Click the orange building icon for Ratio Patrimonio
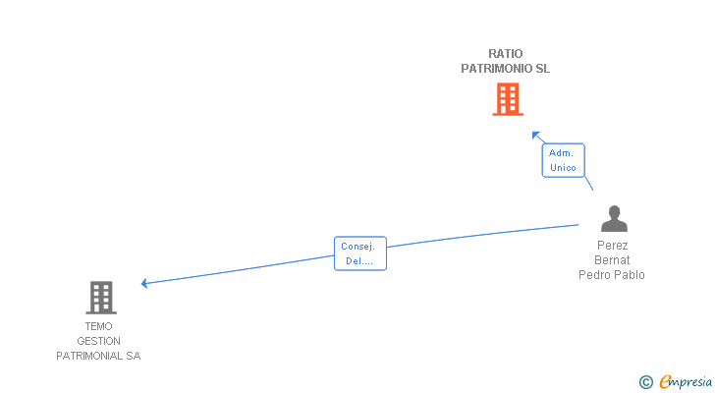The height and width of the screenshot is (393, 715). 508,99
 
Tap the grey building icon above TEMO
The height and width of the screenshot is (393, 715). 101,298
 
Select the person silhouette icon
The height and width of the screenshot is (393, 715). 614,219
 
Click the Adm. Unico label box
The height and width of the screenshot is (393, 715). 563,160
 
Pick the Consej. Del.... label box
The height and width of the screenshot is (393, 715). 360,253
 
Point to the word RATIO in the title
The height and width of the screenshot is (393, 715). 505,54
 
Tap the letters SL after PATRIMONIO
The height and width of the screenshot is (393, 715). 543,69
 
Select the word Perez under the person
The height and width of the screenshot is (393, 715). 613,246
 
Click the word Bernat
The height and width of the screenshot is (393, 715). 612,260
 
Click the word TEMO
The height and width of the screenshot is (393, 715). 98,326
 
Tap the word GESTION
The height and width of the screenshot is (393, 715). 98,341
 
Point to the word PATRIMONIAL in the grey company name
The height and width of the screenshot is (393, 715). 89,356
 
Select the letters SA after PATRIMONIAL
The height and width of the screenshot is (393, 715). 134,356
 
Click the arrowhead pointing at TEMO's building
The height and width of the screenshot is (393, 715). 144,284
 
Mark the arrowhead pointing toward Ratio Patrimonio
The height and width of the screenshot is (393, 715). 536,136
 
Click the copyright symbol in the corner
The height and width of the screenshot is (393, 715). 646,382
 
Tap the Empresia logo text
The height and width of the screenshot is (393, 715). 686,382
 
